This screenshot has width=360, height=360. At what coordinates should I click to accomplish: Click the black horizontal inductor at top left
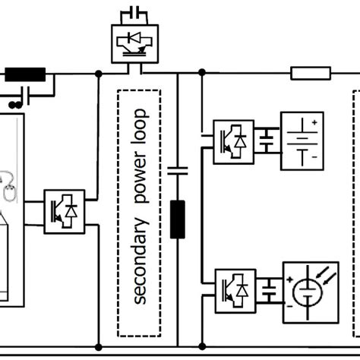[26, 74]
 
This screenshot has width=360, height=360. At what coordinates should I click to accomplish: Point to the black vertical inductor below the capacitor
[178, 219]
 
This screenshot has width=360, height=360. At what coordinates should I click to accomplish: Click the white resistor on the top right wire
[311, 74]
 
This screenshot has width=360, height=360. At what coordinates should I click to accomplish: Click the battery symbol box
[302, 141]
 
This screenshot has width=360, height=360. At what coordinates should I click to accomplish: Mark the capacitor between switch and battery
[267, 141]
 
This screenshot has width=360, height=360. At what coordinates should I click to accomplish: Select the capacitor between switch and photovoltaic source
[267, 289]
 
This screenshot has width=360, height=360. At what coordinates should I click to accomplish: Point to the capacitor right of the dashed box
[178, 171]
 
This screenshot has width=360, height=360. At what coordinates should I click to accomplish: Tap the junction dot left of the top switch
[99, 74]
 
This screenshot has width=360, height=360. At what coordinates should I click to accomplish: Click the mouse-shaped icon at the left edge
[7, 193]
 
